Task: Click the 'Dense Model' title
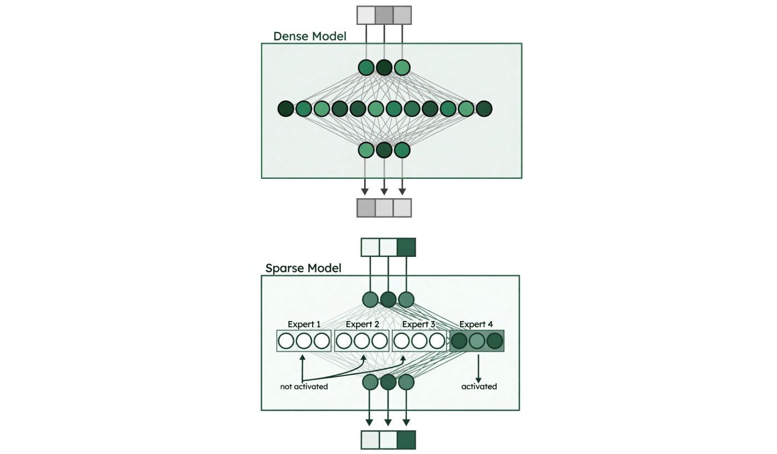click(x=309, y=37)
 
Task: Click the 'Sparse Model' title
click(x=303, y=269)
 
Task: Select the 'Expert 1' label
click(x=304, y=324)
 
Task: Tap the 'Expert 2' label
click(x=362, y=324)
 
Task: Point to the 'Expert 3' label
click(x=419, y=324)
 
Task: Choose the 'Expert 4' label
click(x=476, y=324)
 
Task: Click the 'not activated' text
click(x=304, y=387)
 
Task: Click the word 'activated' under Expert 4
click(x=479, y=386)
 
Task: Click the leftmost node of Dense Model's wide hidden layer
click(x=285, y=109)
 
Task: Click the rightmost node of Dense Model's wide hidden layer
click(x=484, y=109)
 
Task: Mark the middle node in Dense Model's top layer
click(x=384, y=68)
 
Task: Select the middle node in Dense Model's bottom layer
click(x=384, y=150)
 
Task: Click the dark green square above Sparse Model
click(x=406, y=247)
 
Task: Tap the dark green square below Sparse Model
click(x=406, y=440)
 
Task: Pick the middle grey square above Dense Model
click(x=384, y=16)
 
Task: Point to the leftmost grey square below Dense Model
click(x=366, y=208)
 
